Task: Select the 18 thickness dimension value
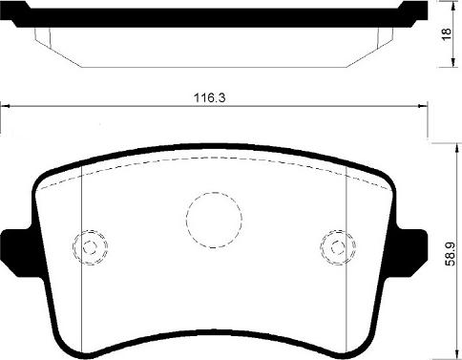click(x=446, y=33)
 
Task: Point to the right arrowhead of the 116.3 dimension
click(x=423, y=107)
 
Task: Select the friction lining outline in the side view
click(x=215, y=53)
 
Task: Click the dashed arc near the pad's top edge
click(x=215, y=160)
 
